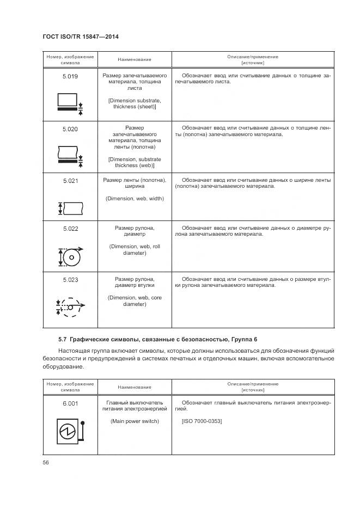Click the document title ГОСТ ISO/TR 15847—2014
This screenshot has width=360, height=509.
tap(80, 36)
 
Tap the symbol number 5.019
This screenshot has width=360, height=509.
tap(70, 77)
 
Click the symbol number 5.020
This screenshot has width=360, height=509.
tap(70, 129)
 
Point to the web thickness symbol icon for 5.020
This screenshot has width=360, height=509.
tap(69, 155)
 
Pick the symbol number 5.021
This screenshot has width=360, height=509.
tap(70, 180)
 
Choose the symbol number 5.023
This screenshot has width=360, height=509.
tap(70, 280)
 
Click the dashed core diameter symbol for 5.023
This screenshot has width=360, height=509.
tap(70, 306)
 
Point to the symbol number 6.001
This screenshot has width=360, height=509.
tap(70, 403)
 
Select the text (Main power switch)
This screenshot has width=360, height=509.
tap(135, 422)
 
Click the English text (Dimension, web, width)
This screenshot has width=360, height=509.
tap(135, 199)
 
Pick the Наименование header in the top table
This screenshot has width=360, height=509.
tap(135, 59)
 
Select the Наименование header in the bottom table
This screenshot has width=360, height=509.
tap(135, 387)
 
